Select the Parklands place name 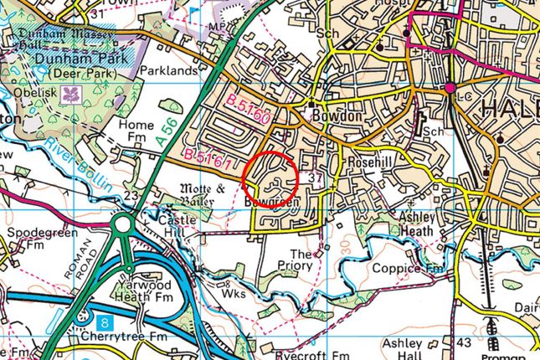click(168, 71)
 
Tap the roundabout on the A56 click(124, 225)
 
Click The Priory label click(301, 260)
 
